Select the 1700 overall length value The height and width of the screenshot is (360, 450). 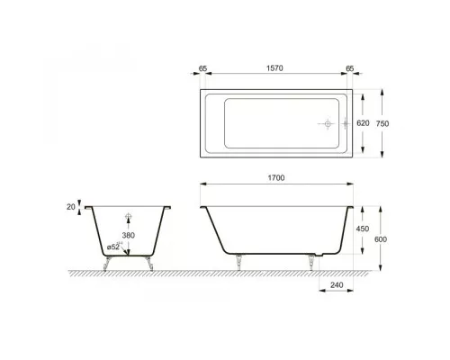[277, 179]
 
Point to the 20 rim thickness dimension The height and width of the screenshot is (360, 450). [71, 207]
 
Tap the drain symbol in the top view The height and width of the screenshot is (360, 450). [328, 123]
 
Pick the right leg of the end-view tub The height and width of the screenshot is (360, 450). [148, 262]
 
